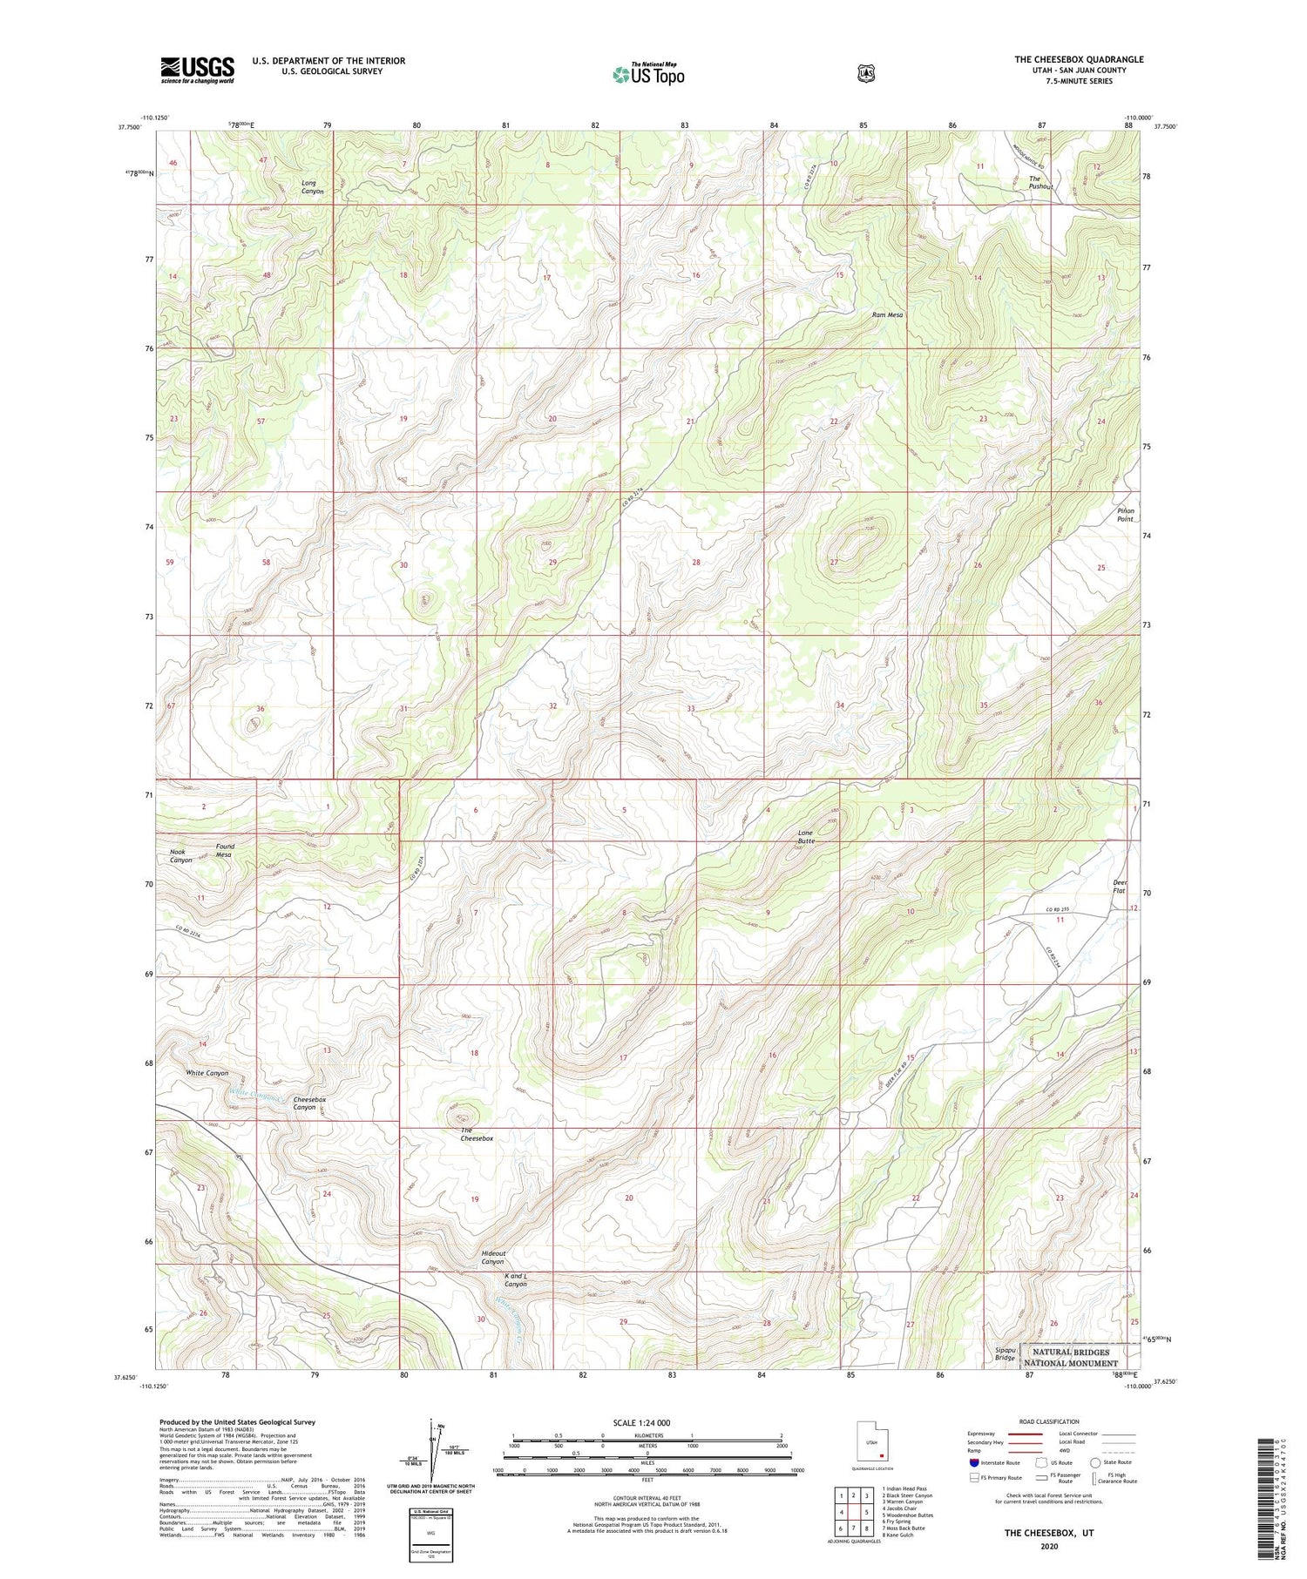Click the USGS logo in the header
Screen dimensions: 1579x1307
(x=197, y=70)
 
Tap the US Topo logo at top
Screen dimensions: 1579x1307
(x=648, y=74)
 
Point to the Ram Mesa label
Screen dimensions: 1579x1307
(x=888, y=315)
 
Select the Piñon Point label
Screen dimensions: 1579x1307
(x=1126, y=515)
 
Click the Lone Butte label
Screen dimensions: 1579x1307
(x=806, y=837)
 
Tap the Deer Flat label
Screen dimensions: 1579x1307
(x=1120, y=887)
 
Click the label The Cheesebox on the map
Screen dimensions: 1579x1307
(x=477, y=1135)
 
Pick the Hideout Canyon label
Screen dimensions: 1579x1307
(x=492, y=1258)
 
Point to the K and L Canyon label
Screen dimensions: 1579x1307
(x=515, y=1280)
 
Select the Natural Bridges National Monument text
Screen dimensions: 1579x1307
(x=1071, y=1358)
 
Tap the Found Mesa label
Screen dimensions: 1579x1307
(x=225, y=850)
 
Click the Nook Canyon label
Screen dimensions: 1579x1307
(x=180, y=855)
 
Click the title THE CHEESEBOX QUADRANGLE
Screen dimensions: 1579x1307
(x=1078, y=59)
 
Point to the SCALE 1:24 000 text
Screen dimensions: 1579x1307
(x=641, y=1422)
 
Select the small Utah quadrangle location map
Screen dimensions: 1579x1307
(x=871, y=1445)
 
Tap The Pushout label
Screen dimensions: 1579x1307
(x=1040, y=183)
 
